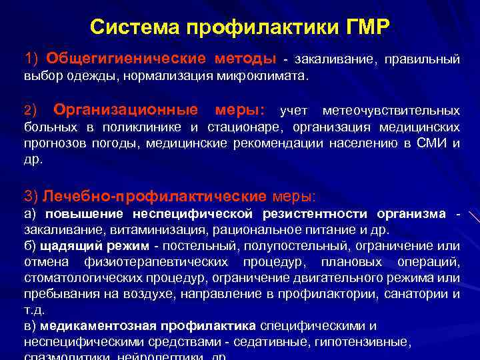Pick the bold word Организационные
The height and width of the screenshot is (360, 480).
click(x=126, y=109)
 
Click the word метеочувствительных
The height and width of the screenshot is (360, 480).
click(x=391, y=109)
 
